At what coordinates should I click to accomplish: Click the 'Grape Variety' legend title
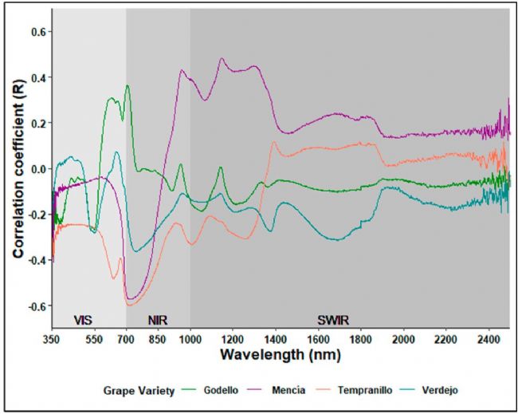point(135,390)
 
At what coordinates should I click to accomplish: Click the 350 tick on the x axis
point(53,337)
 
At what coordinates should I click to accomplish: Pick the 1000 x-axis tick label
point(190,337)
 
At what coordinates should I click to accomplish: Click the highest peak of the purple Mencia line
point(222,58)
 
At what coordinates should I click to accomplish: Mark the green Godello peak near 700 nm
point(127,85)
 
